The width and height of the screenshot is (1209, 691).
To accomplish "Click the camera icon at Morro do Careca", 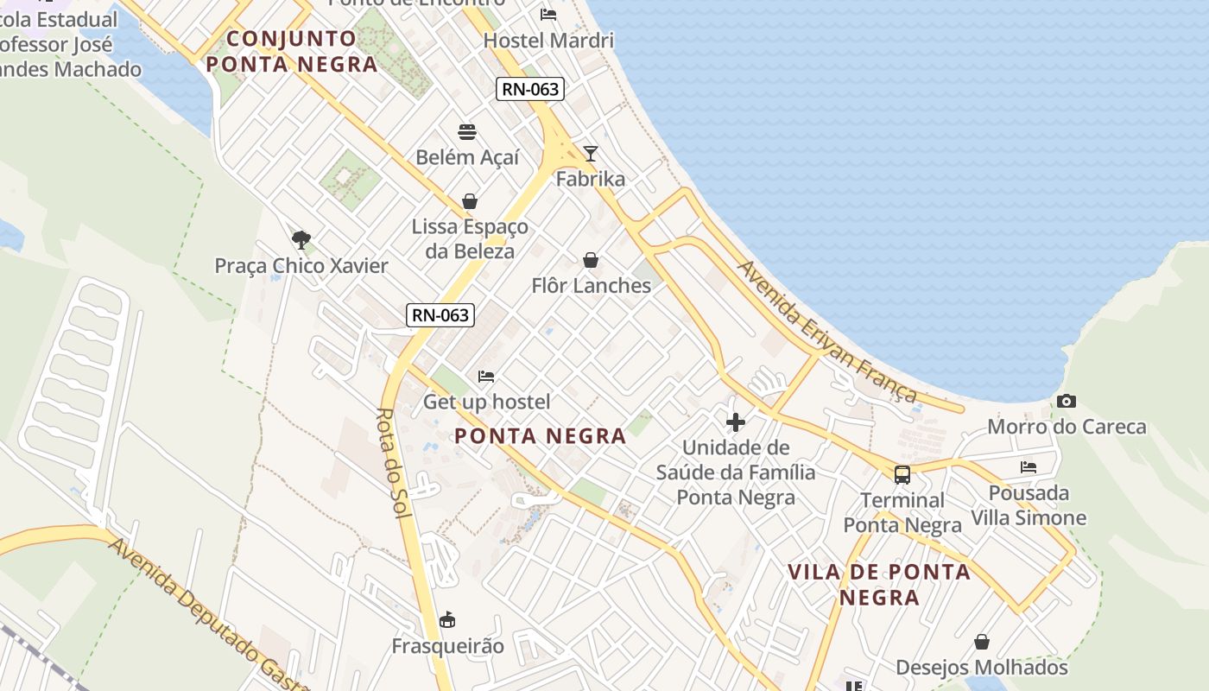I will pos(1067,401).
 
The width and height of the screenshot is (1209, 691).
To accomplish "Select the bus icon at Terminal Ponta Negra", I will pos(902,474).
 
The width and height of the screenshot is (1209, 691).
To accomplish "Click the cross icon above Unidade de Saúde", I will pos(736,422).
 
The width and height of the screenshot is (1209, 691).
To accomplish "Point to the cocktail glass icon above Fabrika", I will pos(591,154).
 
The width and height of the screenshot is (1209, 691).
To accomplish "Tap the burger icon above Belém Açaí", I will pos(467,132).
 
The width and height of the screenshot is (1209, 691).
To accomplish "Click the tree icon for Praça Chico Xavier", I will pos(301,239).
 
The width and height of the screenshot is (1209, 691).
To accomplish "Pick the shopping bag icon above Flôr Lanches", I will pos(591,260).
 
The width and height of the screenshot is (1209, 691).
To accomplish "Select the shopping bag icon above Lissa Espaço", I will pos(470,201).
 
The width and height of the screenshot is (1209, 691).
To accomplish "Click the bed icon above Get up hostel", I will pos(486,377).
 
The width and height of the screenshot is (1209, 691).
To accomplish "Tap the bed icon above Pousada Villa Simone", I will pos(1029,467).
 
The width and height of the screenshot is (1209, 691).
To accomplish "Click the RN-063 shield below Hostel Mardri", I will pos(530,89).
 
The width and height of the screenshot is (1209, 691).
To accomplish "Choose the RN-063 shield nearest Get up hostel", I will pos(440,315).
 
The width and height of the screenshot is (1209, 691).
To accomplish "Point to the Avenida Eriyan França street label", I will pos(826,332).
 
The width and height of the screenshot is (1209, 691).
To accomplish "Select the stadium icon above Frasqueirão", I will pos(447,619).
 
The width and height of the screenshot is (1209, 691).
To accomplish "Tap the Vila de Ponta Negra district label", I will pos(879,585).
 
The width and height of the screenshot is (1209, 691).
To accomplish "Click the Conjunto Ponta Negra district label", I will pos(292,51).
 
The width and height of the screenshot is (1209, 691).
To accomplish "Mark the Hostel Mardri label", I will pos(548,41).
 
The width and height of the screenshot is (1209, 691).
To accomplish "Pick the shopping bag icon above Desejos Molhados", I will pos(982,642).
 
